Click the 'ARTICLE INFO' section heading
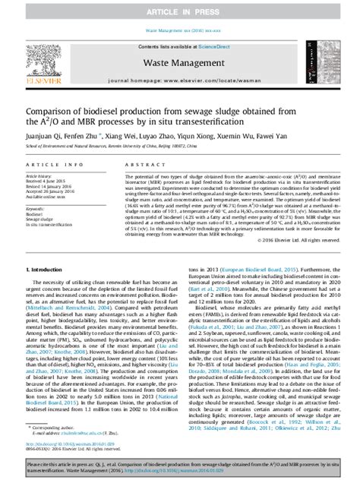pos(45,164)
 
